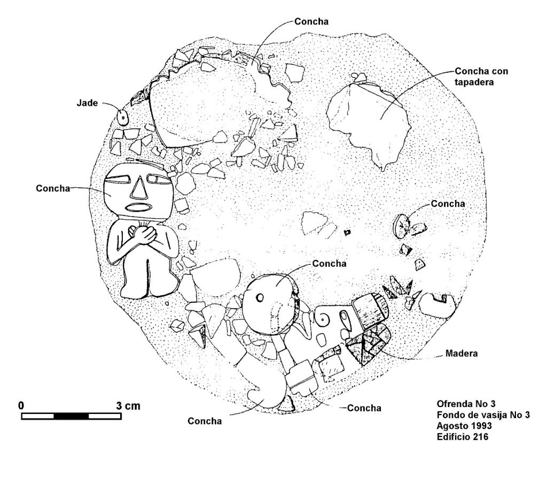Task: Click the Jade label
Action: tap(87, 103)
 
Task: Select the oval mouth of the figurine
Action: tap(138, 208)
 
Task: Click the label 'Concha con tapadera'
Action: tap(481, 76)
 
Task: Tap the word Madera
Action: tap(462, 354)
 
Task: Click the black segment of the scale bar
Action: tap(71, 416)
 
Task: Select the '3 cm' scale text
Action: tap(128, 406)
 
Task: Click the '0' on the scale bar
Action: tap(21, 406)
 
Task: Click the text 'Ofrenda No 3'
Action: tap(466, 404)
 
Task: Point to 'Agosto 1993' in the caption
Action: tap(464, 426)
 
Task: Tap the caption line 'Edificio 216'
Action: tap(462, 436)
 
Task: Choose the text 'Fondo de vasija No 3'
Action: tap(483, 415)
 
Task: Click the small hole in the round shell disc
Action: tap(260, 298)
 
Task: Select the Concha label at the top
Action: tap(311, 21)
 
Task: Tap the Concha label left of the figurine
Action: tap(53, 188)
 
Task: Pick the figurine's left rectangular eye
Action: tap(118, 180)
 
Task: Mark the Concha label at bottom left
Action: tap(205, 421)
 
